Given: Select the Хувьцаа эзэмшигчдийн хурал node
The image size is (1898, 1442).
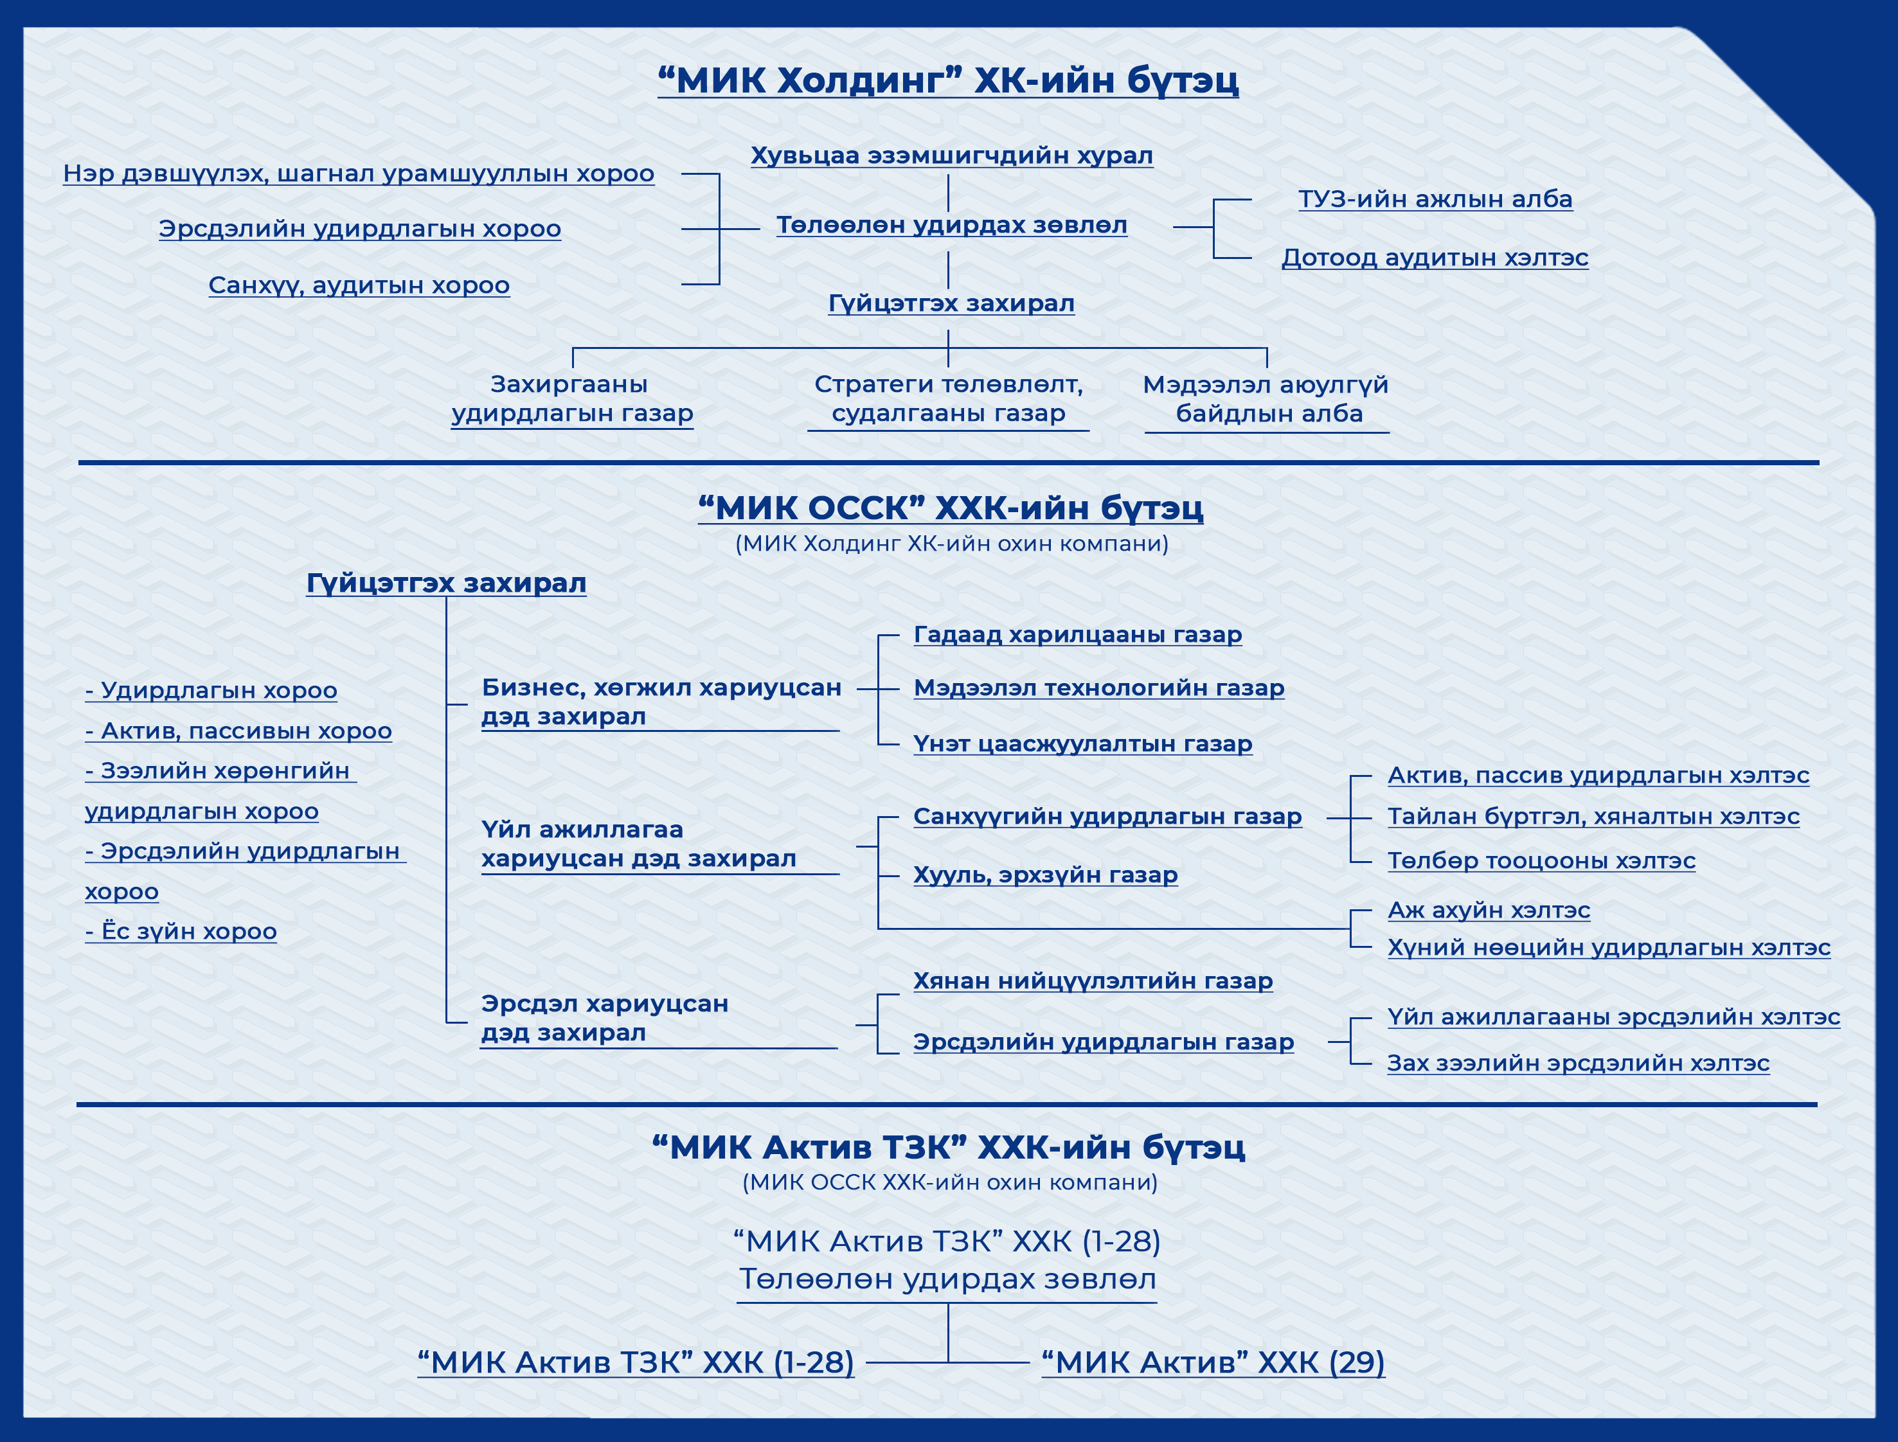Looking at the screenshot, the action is (952, 156).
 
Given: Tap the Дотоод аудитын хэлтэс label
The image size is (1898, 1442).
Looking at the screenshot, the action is (1435, 258).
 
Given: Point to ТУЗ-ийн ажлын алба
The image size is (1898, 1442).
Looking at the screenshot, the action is (1435, 199).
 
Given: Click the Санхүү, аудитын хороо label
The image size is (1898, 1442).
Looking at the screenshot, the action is (359, 285).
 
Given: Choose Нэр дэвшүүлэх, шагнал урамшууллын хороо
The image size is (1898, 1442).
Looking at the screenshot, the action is (359, 174).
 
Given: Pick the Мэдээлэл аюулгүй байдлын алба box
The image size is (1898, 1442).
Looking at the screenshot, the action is (1266, 399).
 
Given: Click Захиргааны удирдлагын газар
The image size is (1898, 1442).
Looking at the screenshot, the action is (572, 399).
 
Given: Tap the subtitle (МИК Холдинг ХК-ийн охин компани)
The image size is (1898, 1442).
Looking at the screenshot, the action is (952, 544).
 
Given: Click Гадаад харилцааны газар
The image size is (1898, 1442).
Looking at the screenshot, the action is (1077, 634).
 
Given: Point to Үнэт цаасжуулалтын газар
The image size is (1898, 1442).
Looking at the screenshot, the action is (1082, 743).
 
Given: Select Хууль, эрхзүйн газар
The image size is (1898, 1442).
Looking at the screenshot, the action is (1044, 875).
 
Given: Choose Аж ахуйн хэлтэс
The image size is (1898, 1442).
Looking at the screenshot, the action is (1489, 910).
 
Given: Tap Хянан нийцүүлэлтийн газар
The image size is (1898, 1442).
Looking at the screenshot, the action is (1093, 981).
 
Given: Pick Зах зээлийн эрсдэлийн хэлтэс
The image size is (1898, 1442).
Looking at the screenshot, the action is (1578, 1063).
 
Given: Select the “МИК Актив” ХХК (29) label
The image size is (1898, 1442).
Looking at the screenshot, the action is (1213, 1362).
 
